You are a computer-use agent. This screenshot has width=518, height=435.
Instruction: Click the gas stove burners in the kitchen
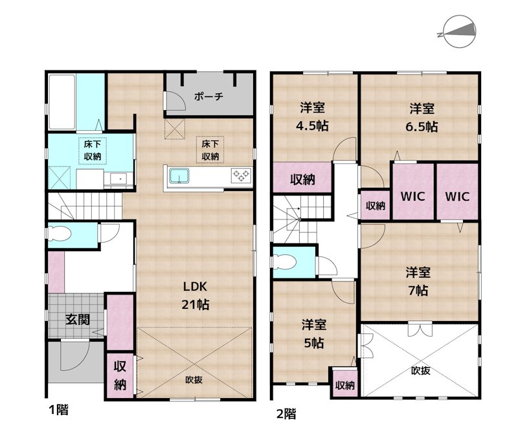click(240, 174)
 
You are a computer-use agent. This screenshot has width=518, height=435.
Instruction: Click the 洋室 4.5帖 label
click(313, 117)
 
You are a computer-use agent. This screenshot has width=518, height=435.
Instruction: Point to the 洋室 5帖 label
click(313, 333)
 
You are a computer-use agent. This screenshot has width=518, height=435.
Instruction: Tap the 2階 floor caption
click(286, 412)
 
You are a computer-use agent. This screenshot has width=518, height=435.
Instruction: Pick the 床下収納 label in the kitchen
click(210, 150)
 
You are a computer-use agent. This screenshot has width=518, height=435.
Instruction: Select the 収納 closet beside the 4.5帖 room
click(302, 179)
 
